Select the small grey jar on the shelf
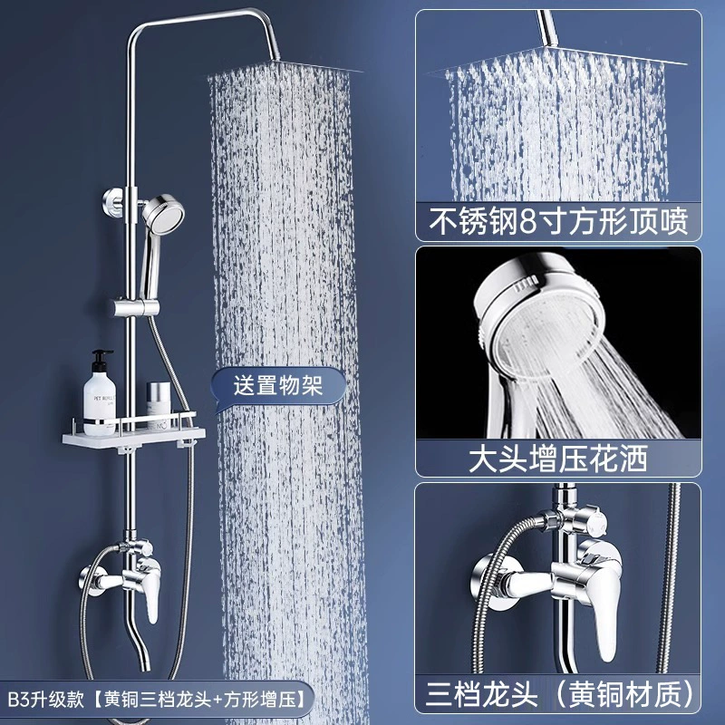tap(159, 401)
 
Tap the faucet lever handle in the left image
tap(151, 596)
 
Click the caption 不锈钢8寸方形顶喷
tap(558, 222)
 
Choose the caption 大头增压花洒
tap(558, 459)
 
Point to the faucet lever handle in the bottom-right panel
tap(601, 610)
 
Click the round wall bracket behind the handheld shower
tap(113, 202)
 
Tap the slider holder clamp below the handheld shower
tap(137, 307)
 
